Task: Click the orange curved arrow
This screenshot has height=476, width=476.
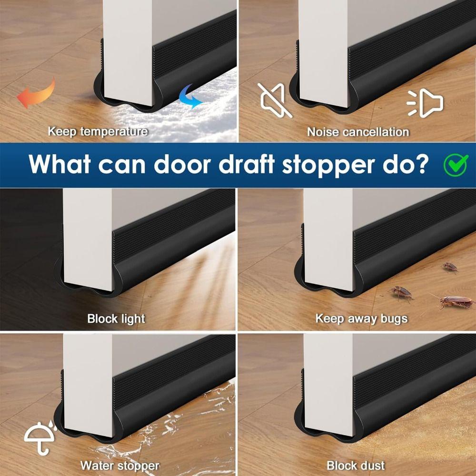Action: (36, 94)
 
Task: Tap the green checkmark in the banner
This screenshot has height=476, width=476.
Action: (456, 164)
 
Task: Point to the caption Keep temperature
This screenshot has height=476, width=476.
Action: (98, 131)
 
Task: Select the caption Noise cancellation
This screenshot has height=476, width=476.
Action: (357, 132)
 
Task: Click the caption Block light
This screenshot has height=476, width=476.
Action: (116, 318)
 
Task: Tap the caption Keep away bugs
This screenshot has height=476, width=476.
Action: (361, 318)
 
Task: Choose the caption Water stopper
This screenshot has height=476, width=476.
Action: (119, 466)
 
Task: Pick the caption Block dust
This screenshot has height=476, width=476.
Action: (356, 466)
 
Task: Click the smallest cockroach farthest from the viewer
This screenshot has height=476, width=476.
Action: (450, 268)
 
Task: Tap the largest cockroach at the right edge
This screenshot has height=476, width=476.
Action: (456, 302)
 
